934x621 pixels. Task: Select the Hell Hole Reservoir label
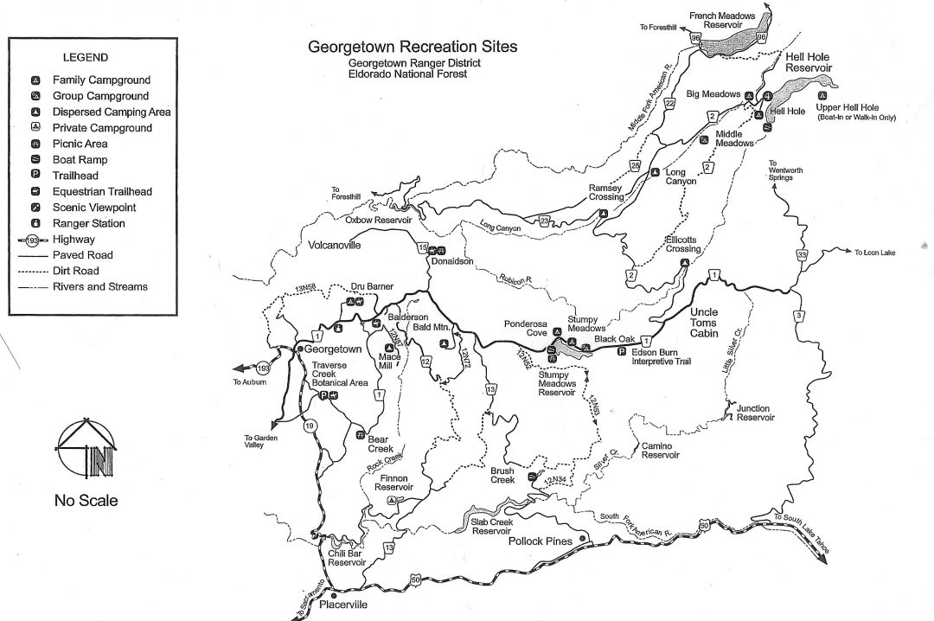tap(807, 61)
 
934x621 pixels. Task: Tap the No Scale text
tap(86, 500)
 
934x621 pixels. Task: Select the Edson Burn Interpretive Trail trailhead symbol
tap(621, 351)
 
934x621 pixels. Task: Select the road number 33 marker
tap(803, 255)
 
